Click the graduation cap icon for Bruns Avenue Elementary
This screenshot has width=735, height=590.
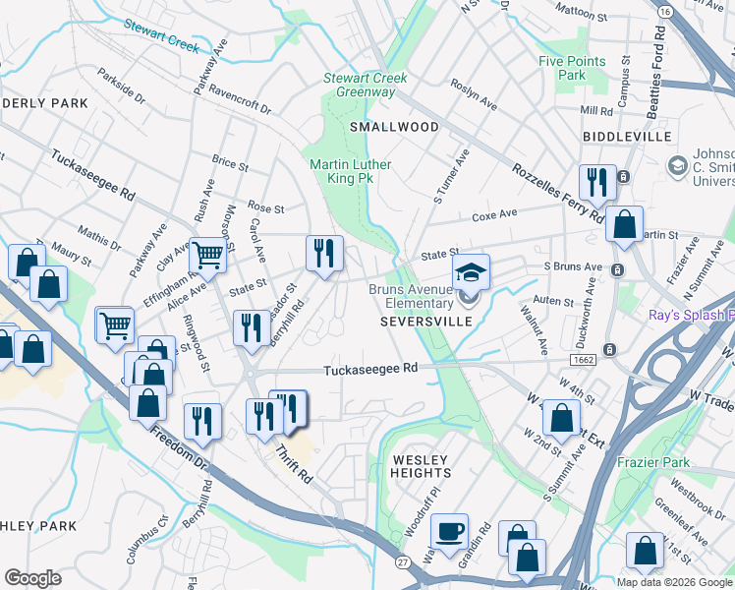(471, 271)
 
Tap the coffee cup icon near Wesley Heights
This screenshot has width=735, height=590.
(450, 531)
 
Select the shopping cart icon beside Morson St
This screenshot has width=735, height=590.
(207, 256)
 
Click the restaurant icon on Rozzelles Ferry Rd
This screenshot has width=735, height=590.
(596, 182)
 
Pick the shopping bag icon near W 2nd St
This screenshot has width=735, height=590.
(561, 417)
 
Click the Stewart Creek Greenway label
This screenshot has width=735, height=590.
(360, 85)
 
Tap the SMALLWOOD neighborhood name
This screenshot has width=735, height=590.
(393, 127)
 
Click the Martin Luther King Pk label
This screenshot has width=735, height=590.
(351, 172)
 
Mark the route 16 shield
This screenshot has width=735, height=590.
(665, 11)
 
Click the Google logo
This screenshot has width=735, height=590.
(32, 578)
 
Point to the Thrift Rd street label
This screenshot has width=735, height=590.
(293, 464)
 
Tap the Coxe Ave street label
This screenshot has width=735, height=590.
(494, 215)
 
